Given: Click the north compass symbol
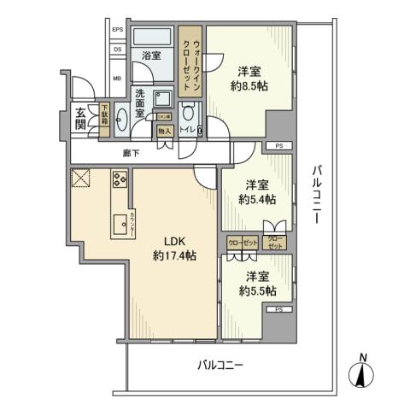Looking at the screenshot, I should coord(363,372).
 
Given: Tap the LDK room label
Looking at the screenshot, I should coord(165,241).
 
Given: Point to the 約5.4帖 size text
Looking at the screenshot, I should coord(256,199).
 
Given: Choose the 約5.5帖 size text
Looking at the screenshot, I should coord(257,290).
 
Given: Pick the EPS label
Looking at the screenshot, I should coord(118,31).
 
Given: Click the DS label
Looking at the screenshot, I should coord(118,50).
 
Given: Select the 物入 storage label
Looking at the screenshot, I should coord(166,131).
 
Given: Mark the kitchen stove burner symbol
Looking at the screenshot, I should coord(119,179).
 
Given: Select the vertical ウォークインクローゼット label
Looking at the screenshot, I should coord(192,66).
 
